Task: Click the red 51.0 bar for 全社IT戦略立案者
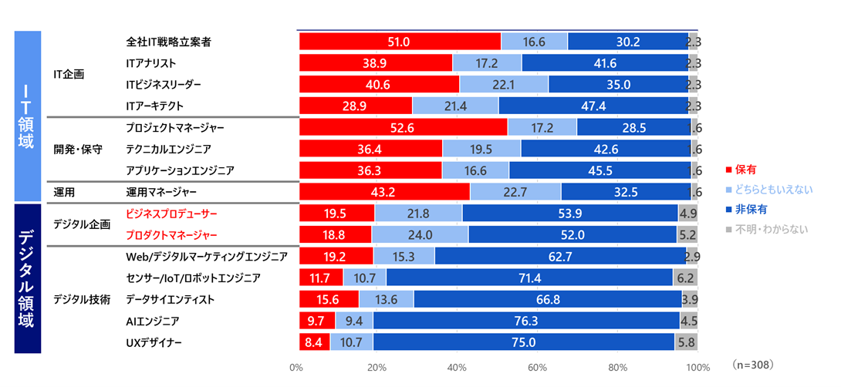[x=400, y=42]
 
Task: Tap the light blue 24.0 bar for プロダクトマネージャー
[x=420, y=235]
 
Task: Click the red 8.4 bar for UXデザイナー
[x=314, y=342]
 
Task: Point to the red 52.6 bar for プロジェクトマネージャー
[x=403, y=127]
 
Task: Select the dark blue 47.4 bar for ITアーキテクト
[x=593, y=106]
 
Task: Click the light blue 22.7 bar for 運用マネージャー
[x=515, y=191]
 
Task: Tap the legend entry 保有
[x=745, y=168]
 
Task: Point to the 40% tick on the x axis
[x=457, y=367]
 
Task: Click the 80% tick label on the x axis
[x=617, y=367]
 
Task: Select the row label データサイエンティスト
[x=171, y=298]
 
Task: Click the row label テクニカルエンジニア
[x=167, y=148]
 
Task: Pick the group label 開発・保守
[x=78, y=148]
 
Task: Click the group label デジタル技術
[x=82, y=298]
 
